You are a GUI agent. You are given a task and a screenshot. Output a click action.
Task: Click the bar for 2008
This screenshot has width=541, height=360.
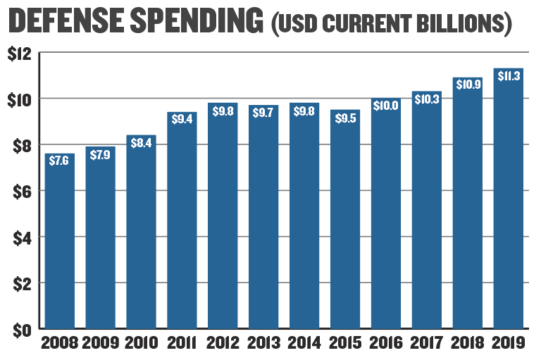click(60, 241)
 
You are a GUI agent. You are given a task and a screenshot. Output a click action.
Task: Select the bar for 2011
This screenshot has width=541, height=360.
click(182, 221)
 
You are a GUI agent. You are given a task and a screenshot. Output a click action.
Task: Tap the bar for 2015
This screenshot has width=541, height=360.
click(345, 219)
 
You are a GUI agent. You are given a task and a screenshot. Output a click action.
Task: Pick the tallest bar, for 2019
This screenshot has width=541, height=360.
click(508, 199)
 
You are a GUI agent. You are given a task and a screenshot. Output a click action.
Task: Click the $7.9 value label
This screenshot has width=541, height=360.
click(100, 155)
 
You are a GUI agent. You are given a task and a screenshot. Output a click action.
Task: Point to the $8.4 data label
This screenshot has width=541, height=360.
click(141, 143)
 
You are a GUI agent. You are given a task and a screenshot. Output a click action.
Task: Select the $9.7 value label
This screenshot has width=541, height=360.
click(263, 113)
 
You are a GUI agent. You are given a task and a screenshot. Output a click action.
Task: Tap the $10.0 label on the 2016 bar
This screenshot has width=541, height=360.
click(386, 105)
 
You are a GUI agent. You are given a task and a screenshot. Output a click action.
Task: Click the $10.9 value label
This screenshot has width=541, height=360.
click(468, 85)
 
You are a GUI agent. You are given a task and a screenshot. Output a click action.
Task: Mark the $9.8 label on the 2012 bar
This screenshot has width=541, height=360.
click(223, 111)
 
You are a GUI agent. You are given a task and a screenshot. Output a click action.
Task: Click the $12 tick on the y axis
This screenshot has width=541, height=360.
click(19, 54)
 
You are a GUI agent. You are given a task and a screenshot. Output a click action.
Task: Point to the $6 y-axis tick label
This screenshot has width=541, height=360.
click(22, 192)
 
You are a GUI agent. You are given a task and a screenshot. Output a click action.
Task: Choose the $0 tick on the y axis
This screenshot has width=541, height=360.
click(22, 330)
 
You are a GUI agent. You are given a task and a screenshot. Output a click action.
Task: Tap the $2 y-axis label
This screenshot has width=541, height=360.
click(22, 284)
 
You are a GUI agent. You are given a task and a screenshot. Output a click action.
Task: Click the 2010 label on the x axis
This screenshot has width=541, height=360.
click(141, 343)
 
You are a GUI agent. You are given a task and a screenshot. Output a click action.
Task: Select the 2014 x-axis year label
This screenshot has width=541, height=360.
click(304, 343)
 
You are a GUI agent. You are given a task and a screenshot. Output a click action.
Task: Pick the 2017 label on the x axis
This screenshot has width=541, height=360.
click(426, 343)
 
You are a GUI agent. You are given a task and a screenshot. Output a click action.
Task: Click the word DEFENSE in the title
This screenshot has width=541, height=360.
click(66, 20)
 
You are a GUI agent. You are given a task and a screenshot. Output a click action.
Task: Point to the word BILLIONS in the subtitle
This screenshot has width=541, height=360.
click(460, 23)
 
